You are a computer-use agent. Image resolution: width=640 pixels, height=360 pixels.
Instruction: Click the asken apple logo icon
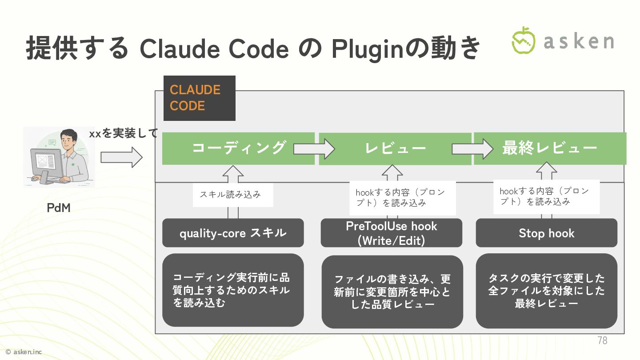click(524, 40)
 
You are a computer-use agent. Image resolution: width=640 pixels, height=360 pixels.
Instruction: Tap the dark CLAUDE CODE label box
click(199, 98)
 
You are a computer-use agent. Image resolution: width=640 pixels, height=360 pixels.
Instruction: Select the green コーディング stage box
click(238, 148)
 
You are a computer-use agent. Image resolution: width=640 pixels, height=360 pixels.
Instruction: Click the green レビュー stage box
click(395, 148)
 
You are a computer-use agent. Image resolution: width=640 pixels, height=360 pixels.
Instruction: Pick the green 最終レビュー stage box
click(550, 148)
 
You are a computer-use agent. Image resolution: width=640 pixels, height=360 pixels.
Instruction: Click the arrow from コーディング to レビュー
click(313, 148)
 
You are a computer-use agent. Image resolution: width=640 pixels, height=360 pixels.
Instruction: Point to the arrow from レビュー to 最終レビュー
click(472, 148)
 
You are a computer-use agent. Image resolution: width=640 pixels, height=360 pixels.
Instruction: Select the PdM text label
click(59, 208)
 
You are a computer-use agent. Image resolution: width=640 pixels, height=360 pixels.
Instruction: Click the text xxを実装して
click(123, 133)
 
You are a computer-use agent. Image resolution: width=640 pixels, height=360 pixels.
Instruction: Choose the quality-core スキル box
click(233, 233)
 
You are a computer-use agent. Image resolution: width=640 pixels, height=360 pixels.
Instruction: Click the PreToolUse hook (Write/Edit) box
click(391, 233)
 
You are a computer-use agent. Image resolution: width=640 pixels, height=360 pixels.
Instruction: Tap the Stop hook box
click(546, 233)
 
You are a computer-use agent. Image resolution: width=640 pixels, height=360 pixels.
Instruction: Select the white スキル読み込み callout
click(232, 195)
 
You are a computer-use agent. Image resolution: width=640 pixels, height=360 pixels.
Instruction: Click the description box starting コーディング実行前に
click(233, 290)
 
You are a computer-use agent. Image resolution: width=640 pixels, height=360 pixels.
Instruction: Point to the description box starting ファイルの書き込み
click(392, 292)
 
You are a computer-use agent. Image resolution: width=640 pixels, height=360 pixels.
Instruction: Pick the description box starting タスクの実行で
click(546, 291)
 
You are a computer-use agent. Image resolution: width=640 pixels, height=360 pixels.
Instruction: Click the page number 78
click(602, 341)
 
